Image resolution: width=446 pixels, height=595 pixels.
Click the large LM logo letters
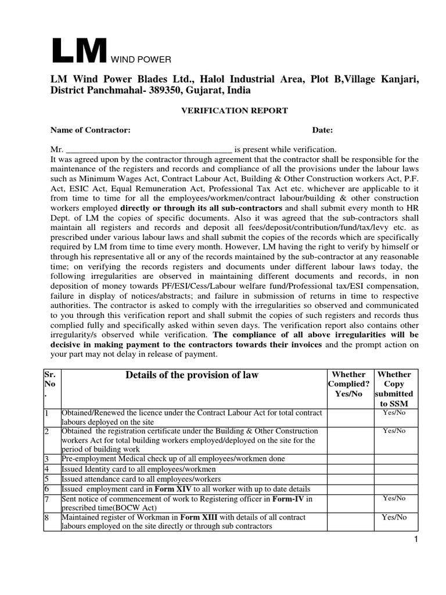tap(78, 51)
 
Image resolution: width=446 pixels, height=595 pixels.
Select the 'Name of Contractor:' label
tap(90, 130)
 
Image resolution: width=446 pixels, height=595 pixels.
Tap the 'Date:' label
tap(322, 130)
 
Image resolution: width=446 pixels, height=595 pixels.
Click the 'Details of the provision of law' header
tap(192, 375)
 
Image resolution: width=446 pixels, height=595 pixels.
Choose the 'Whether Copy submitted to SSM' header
tap(394, 389)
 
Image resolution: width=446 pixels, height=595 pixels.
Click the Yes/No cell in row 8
tap(394, 517)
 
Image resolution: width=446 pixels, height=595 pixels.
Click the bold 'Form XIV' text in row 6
tap(169, 489)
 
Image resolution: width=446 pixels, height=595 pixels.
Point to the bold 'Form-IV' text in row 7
tap(289, 499)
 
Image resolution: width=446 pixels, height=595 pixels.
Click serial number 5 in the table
tap(46, 479)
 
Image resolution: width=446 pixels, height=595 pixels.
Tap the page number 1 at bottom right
tap(416, 541)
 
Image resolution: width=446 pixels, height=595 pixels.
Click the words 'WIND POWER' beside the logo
tap(139, 59)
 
